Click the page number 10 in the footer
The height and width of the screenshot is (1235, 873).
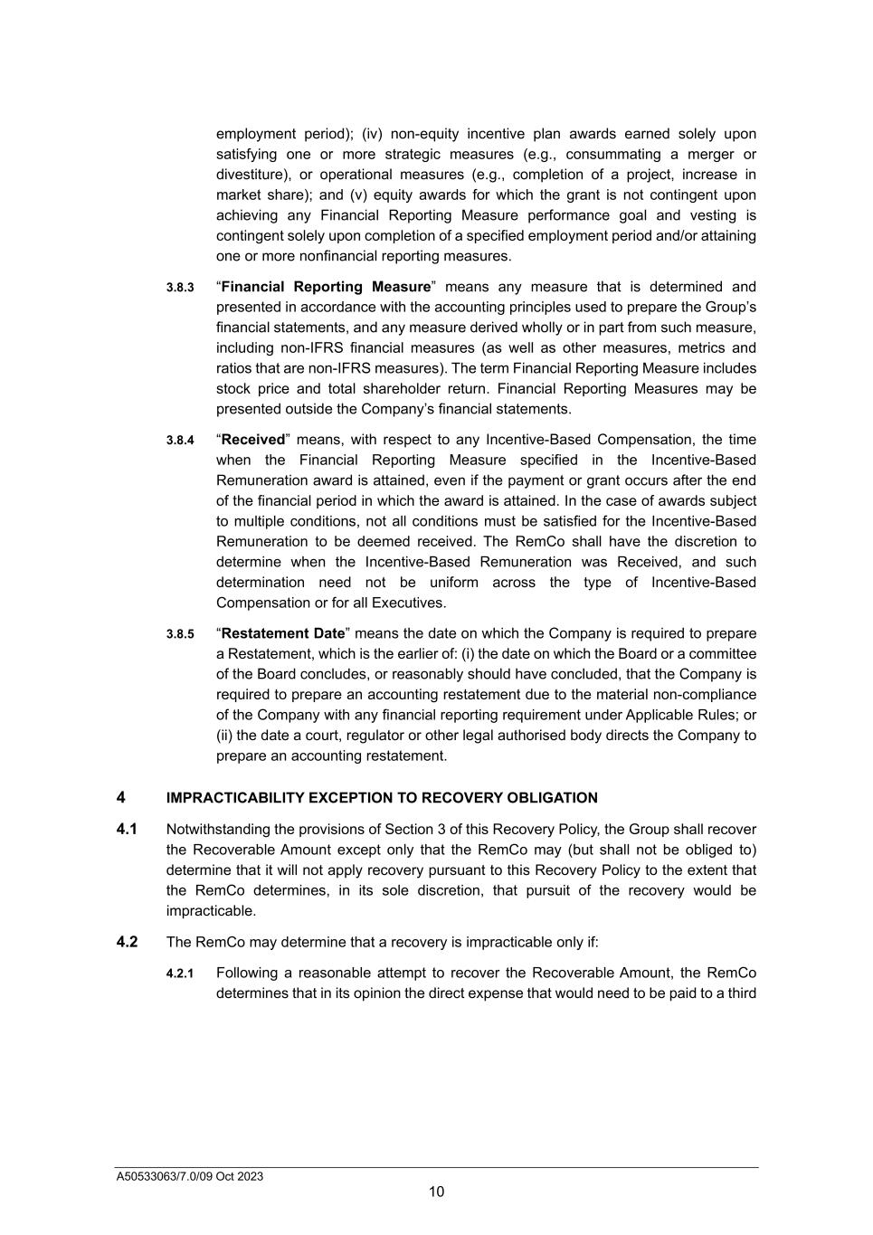coord(436,1192)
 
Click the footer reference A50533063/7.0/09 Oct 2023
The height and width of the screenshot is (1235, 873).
coord(190,1176)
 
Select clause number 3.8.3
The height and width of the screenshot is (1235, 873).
coord(180,288)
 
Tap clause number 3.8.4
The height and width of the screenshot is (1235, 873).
coord(180,441)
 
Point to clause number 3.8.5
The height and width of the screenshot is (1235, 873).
coord(180,634)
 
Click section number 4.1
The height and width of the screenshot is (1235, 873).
coord(127,829)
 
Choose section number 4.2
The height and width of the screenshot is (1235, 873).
coord(127,942)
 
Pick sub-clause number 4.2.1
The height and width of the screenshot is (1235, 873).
coord(180,974)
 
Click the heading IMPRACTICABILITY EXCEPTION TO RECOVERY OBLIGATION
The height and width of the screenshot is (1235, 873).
coord(382,798)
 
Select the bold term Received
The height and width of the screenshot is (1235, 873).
coord(253,440)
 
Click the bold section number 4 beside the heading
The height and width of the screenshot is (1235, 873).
coord(121,797)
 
